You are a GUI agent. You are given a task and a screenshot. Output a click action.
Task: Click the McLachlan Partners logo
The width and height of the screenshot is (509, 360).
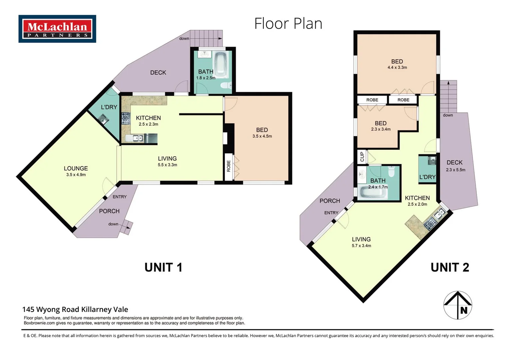57,29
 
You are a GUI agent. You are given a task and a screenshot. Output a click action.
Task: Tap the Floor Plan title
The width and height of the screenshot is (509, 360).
288,24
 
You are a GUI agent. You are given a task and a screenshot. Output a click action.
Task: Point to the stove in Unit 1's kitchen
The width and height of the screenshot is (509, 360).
126,118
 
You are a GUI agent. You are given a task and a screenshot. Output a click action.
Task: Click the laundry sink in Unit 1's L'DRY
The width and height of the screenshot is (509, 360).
103,119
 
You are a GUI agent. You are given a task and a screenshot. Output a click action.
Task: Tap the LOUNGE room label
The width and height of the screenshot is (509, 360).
76,169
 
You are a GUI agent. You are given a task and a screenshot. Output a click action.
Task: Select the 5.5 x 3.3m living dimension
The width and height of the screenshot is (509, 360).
167,165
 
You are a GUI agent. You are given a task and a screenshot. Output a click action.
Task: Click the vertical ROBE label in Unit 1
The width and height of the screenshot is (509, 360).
229,166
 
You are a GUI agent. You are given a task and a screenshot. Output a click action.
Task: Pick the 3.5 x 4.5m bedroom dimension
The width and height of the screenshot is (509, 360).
262,136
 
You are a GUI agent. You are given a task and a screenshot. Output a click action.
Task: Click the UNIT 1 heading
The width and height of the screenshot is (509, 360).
163,267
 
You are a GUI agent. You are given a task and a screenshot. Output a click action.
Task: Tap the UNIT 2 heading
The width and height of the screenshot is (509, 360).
450,267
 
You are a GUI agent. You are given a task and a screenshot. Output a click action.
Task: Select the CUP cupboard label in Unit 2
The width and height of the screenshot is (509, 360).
362,157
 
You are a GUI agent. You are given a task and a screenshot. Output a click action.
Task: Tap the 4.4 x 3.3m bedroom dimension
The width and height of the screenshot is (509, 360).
397,68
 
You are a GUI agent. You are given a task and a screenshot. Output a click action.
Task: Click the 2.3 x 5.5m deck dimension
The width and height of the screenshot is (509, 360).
455,170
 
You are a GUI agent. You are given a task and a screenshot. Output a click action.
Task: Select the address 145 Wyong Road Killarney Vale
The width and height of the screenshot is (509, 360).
75,310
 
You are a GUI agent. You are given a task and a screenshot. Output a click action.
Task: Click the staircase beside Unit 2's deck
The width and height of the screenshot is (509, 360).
448,97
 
